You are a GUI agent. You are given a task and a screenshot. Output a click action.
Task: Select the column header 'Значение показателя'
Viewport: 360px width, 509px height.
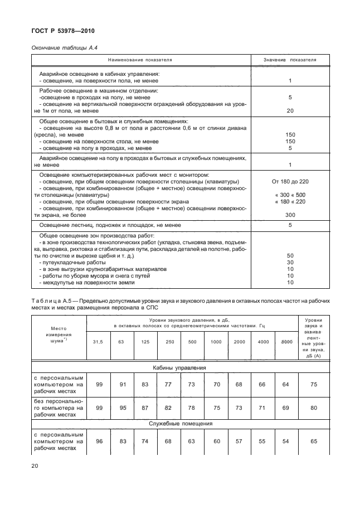click(x=290, y=59)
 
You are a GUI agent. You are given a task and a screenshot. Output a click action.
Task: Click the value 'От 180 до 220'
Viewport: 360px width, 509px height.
click(x=290, y=182)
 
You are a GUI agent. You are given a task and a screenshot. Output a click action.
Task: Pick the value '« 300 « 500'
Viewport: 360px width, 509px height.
click(x=290, y=195)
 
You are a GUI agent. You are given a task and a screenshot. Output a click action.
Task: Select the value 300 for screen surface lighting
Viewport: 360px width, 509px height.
click(x=290, y=214)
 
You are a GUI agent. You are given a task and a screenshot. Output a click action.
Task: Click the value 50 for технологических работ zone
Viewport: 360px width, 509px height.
click(x=290, y=255)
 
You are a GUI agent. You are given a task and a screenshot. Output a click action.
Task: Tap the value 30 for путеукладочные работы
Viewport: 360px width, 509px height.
click(x=290, y=262)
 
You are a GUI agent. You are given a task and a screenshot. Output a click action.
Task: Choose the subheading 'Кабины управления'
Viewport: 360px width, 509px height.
click(x=179, y=368)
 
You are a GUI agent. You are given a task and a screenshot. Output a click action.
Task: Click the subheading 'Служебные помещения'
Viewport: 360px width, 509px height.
click(x=179, y=424)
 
